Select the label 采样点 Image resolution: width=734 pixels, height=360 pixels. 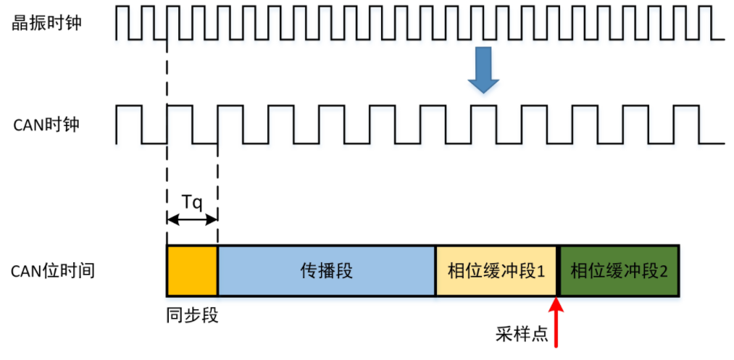click(x=520, y=332)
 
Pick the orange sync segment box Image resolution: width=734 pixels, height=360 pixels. click(x=192, y=271)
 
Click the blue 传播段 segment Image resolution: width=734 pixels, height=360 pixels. click(x=326, y=271)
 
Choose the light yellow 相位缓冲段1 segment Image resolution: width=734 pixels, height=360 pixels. click(x=496, y=271)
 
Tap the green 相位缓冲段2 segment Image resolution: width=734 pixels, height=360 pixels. click(x=619, y=271)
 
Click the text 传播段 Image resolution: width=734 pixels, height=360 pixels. click(x=326, y=271)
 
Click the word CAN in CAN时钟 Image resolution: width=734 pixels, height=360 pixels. click(x=28, y=125)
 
